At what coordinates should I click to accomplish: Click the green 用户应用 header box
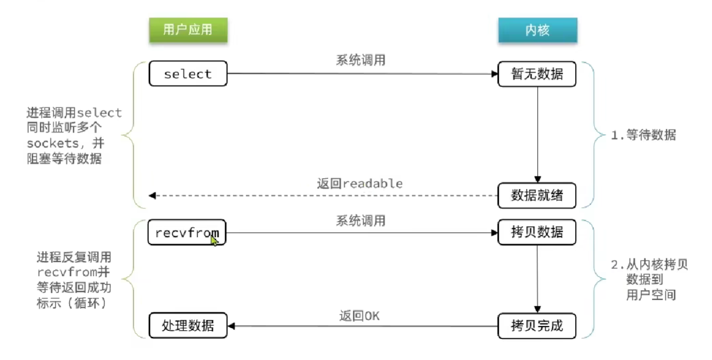(188, 30)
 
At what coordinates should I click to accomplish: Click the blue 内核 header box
(537, 30)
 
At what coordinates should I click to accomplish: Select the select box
(188, 74)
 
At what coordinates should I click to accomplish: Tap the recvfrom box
(187, 232)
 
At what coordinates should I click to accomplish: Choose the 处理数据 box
(188, 325)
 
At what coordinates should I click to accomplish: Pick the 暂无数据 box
(537, 74)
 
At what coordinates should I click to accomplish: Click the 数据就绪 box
(537, 195)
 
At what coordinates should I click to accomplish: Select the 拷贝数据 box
(537, 232)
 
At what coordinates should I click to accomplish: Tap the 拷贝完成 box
(537, 326)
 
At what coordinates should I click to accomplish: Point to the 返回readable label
(360, 184)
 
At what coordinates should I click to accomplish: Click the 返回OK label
(359, 316)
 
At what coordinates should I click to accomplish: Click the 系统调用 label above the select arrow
(361, 60)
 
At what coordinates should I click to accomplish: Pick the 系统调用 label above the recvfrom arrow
(361, 221)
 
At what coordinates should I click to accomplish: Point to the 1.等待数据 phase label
(644, 135)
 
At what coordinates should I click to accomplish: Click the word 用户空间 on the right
(651, 295)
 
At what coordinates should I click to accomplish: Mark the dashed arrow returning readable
(323, 195)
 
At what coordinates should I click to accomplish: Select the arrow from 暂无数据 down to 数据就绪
(537, 134)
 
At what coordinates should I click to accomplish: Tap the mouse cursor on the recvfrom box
(214, 240)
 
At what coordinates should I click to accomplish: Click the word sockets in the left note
(53, 143)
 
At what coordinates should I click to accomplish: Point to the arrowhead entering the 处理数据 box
(232, 326)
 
